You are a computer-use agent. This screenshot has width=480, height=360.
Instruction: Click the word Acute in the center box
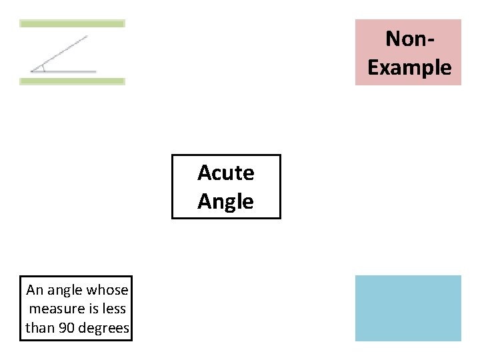[x=226, y=173]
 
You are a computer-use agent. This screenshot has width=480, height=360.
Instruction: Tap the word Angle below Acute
[x=226, y=201]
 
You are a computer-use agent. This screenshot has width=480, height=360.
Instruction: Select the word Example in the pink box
[x=409, y=67]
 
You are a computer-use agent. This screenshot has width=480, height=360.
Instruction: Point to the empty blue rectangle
[x=408, y=308]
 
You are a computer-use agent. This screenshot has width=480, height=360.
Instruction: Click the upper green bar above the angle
[x=72, y=23]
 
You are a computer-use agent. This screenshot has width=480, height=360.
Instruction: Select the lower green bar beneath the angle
[x=72, y=81]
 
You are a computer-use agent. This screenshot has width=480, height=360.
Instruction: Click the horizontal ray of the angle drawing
[x=67, y=71]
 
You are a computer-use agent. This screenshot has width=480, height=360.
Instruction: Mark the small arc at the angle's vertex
[x=43, y=67]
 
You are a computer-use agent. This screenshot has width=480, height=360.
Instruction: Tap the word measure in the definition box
[x=51, y=309]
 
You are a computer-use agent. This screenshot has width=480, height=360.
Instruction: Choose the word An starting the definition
[x=34, y=290]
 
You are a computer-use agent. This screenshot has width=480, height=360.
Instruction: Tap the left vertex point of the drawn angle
[x=31, y=71]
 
